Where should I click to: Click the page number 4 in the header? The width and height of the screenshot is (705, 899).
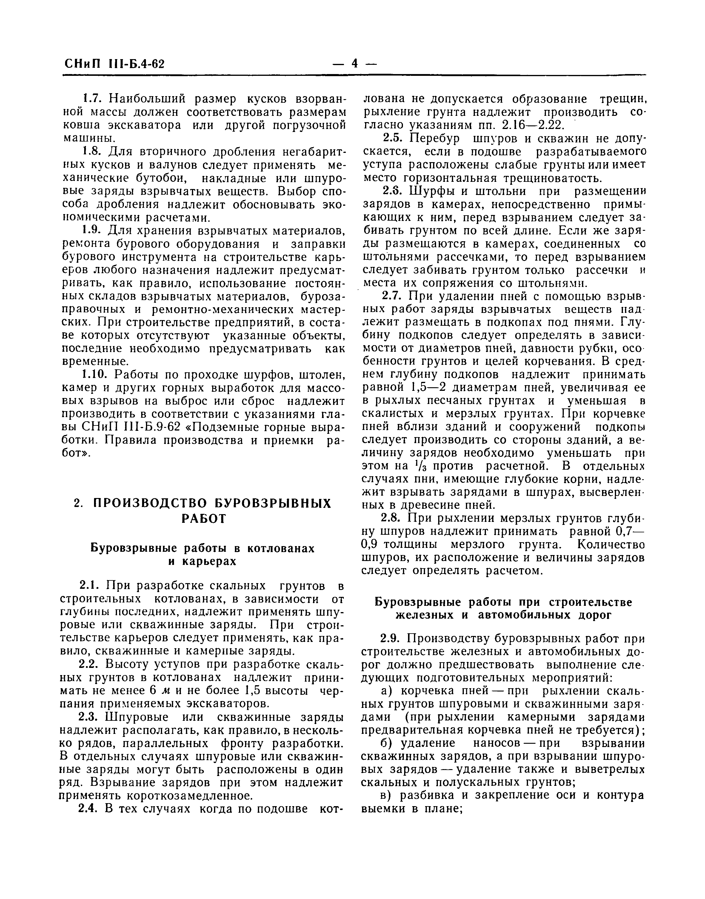coord(354,64)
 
